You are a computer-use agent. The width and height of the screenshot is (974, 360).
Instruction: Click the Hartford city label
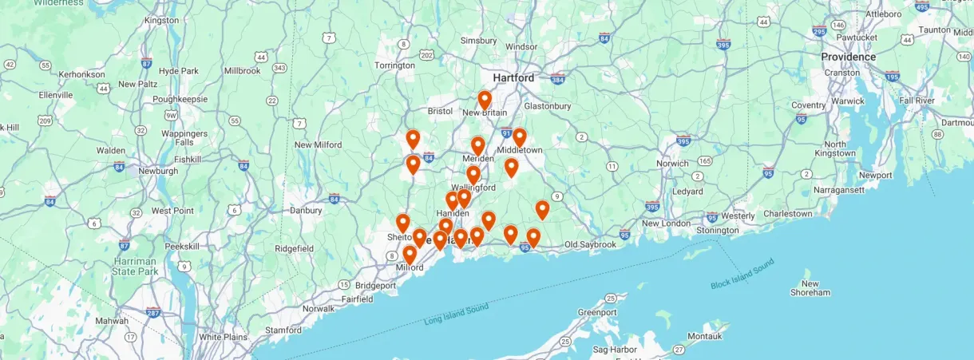[513, 78]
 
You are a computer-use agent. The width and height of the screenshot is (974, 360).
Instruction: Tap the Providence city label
[848, 57]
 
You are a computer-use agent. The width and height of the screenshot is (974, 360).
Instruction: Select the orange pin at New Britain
[485, 100]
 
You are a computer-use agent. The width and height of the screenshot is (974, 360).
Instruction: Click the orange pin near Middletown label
[519, 137]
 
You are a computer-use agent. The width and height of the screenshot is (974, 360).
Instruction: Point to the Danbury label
[306, 211]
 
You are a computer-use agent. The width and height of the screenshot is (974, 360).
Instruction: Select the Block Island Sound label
[742, 274]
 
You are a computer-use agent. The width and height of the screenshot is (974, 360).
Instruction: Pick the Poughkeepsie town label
[180, 99]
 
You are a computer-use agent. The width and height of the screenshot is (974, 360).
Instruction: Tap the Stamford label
[283, 329]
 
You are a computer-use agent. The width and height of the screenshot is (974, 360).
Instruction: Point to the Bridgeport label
[375, 285]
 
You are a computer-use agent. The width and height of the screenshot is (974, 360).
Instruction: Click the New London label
[665, 224]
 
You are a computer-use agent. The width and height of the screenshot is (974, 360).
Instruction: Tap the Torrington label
[394, 65]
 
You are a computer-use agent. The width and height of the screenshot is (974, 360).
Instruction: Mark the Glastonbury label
[547, 106]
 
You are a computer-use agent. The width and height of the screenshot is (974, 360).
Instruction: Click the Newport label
[875, 175]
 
